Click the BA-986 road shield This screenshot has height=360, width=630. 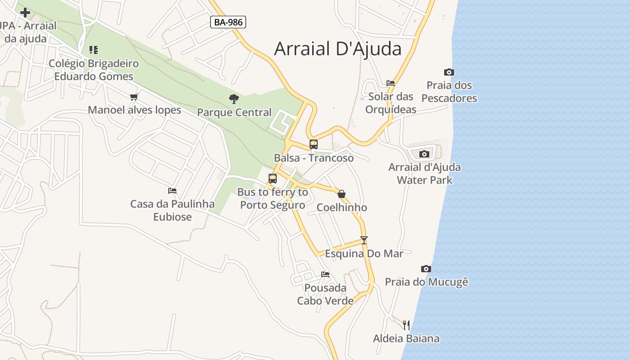coord(228,22)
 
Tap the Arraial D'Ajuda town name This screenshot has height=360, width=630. coord(337,49)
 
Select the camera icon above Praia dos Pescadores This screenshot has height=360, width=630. coord(449,72)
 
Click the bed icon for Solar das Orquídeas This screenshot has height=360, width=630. coord(391,83)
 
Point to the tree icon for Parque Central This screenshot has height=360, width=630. coord(234,99)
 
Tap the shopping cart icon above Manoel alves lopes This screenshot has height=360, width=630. coord(134,97)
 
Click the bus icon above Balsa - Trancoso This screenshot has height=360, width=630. coord(314,144)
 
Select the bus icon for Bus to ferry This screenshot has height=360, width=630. coord(273,179)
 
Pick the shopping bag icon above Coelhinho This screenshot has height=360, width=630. coord(342,194)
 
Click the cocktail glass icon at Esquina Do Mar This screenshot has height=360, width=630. coord(364,240)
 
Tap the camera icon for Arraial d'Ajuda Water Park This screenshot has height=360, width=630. coord(424,154)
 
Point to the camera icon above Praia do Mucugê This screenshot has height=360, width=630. coord(426,269)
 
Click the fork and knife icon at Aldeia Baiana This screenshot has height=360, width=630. coord(406,325)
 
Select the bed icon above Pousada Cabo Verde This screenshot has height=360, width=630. coord(325,274)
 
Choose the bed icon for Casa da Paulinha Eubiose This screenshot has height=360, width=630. coord(172,191)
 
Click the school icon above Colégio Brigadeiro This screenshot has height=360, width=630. coord(94,49)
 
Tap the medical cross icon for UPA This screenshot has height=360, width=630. coord(25,12)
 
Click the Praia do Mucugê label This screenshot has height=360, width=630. coord(426,282)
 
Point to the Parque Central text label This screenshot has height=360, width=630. coord(234,112)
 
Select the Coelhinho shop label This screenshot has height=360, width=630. coord(342,207)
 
